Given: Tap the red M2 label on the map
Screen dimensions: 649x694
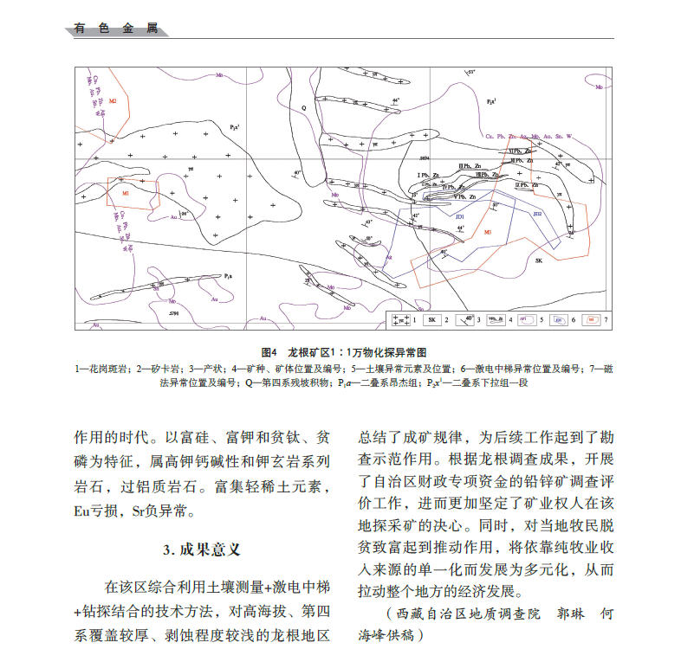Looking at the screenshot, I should click(x=113, y=101).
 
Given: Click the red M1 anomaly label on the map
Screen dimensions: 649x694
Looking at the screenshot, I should click(x=126, y=193).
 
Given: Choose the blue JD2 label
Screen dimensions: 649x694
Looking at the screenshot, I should click(x=537, y=213).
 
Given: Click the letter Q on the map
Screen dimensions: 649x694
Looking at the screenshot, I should click(x=303, y=108).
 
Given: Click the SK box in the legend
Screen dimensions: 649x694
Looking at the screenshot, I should click(x=435, y=320).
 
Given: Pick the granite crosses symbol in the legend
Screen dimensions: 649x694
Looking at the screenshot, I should click(x=400, y=320).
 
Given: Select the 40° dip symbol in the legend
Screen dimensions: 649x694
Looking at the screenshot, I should click(x=465, y=320).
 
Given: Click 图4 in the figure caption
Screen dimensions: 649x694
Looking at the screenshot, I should click(x=268, y=353).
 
